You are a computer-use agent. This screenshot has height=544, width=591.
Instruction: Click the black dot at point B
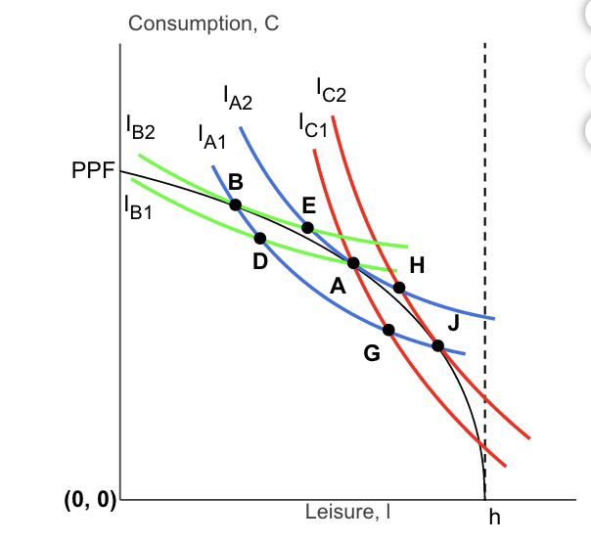point(235,204)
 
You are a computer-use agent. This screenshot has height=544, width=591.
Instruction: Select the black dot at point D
point(259,238)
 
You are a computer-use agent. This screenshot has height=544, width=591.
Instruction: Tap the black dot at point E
point(307,227)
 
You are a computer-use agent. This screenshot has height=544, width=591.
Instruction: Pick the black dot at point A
point(353,263)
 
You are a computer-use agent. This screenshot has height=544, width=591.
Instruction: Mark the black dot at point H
point(399,287)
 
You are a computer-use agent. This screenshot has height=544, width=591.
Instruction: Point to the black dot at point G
point(388,330)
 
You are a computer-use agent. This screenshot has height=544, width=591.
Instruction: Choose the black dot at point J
point(437,345)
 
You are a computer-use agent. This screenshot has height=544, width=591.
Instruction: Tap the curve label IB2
point(140,126)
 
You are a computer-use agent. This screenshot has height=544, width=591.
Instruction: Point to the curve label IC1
point(314,125)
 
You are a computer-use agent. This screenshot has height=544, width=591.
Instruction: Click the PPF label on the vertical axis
point(93,171)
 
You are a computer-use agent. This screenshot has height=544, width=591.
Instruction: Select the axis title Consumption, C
point(204,25)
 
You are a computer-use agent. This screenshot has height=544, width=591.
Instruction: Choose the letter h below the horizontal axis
point(493,518)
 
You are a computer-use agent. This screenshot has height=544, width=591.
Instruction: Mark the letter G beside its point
point(372,353)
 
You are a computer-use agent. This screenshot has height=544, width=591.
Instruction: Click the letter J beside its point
point(452,324)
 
